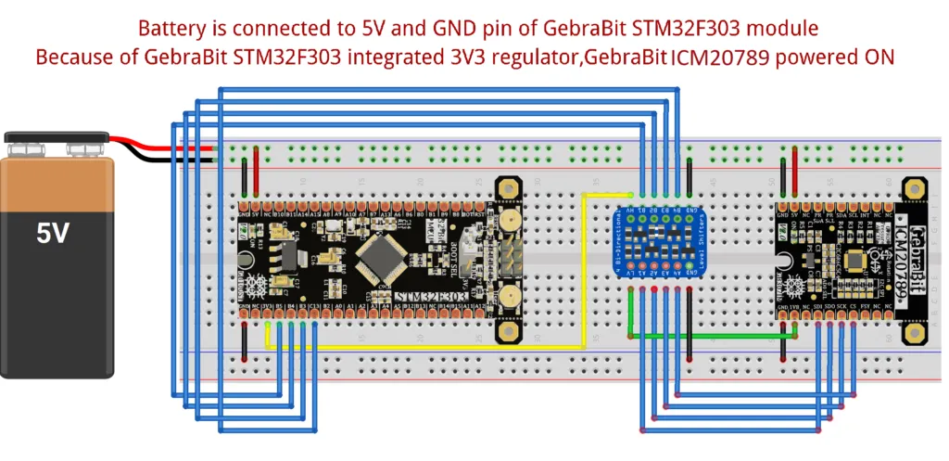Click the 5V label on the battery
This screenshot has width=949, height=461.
point(52,233)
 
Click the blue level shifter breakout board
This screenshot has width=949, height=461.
point(660,244)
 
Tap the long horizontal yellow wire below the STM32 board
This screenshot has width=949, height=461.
point(426,347)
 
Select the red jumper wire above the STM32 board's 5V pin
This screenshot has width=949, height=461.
point(256,174)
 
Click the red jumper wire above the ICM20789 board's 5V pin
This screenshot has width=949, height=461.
point(794,173)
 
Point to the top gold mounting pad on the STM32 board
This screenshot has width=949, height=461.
point(507,188)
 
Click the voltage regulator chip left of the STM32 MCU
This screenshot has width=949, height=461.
point(287,254)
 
